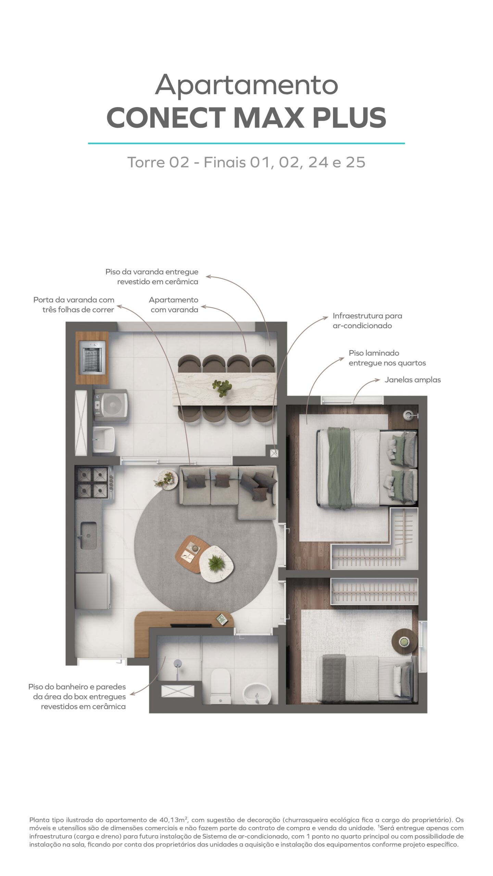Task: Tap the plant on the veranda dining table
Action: click(x=222, y=388)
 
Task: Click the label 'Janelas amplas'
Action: click(x=413, y=380)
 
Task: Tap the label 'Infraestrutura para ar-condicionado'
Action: click(x=367, y=321)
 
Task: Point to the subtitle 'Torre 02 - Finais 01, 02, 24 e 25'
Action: click(x=246, y=162)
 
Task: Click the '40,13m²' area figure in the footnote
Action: click(x=174, y=820)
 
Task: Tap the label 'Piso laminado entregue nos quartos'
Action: click(x=387, y=358)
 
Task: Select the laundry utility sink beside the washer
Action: click(x=104, y=439)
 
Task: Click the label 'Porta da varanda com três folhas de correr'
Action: click(x=74, y=305)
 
